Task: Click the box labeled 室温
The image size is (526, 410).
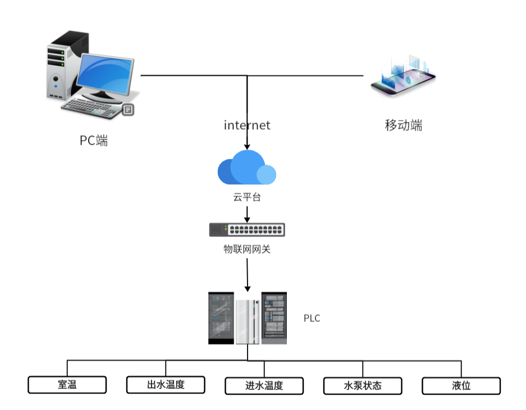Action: (x=67, y=385)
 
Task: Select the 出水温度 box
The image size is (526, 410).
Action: (x=166, y=385)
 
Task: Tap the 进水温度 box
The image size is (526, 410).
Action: (x=264, y=386)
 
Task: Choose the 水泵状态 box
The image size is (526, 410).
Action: (x=363, y=386)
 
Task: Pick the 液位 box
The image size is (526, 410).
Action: (x=461, y=386)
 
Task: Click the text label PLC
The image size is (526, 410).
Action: (x=312, y=318)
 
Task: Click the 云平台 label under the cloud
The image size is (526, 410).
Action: (x=247, y=197)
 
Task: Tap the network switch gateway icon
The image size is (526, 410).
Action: (x=247, y=230)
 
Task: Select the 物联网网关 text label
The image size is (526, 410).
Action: (x=247, y=249)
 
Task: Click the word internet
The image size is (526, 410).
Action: (x=247, y=125)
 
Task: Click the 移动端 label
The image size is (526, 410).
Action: (x=404, y=125)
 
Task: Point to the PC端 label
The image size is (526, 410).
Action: (x=94, y=140)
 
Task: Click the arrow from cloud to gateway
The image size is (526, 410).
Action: (x=246, y=214)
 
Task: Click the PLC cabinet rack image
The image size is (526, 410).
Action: (x=247, y=318)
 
